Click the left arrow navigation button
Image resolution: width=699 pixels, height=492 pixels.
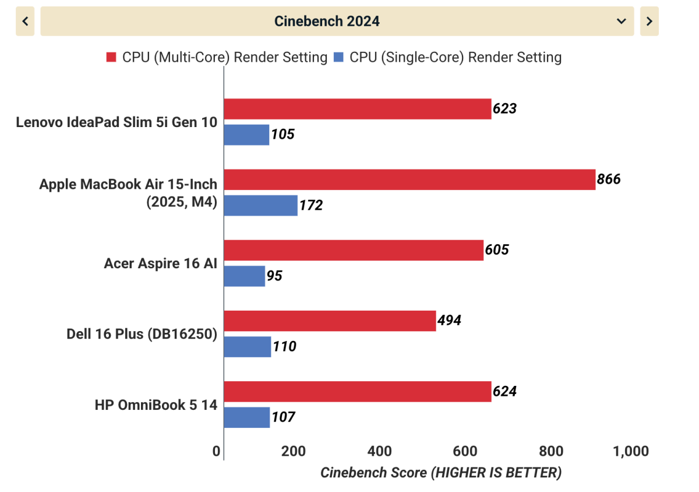[25, 22]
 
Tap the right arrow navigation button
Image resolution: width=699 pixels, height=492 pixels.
[649, 22]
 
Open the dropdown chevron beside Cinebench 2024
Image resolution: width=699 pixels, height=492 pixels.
[621, 22]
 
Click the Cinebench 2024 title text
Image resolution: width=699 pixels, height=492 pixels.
[327, 22]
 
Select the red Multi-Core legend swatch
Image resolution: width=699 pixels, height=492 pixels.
[111, 57]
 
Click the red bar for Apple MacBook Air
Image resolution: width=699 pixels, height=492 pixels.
[409, 180]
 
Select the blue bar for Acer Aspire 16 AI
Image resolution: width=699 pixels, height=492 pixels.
[245, 276]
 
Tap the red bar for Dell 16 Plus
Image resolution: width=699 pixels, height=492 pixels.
[330, 321]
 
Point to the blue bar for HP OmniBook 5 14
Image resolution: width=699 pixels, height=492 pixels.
[247, 417]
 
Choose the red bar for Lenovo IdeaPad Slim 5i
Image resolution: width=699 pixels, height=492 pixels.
[358, 108]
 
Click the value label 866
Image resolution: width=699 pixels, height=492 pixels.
[609, 179]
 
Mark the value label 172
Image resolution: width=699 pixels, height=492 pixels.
[310, 205]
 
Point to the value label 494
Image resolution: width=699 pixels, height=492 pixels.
[449, 320]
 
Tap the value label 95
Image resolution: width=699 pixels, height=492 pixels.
[274, 276]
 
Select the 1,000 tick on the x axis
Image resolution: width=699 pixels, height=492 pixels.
[631, 451]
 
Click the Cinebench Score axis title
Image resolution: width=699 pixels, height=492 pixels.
[441, 472]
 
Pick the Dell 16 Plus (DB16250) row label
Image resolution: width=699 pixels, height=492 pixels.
[142, 334]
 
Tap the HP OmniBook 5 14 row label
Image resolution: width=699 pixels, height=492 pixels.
[156, 405]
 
